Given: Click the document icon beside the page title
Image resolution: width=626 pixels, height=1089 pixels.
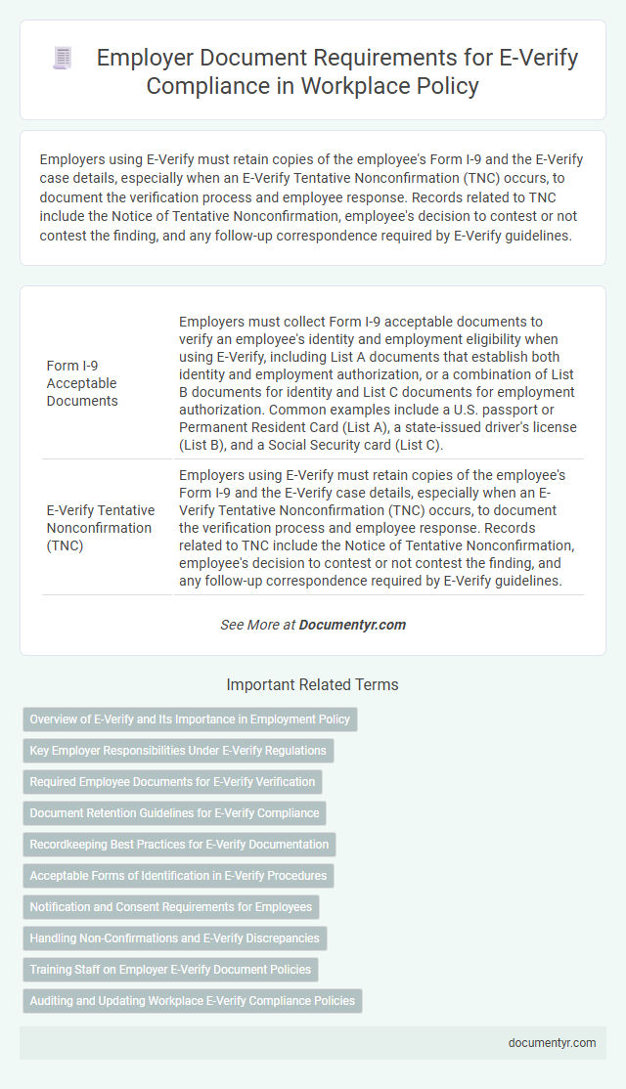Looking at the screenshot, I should [x=62, y=59].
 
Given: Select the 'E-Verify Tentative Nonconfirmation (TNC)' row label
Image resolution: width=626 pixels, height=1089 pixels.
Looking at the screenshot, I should [x=101, y=528].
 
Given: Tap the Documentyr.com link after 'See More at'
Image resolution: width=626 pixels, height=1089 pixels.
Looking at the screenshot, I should [x=352, y=624].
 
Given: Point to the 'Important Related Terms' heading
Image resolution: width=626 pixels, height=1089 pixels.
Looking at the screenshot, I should [x=312, y=685].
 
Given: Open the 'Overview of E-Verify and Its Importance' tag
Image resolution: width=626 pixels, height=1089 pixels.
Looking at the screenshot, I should [x=190, y=719].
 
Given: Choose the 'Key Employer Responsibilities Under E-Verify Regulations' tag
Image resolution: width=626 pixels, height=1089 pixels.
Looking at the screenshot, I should [x=178, y=751].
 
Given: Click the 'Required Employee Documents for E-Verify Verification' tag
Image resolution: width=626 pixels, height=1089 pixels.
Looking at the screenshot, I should [x=172, y=782].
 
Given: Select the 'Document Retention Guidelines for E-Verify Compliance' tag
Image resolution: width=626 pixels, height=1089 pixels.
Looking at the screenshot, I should [x=174, y=813].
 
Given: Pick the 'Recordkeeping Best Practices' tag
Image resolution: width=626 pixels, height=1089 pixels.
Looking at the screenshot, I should [x=179, y=845].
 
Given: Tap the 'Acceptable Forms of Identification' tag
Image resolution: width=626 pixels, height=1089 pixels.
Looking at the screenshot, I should [x=178, y=876].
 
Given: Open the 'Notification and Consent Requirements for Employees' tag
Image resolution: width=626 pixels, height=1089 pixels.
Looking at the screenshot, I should [x=171, y=907].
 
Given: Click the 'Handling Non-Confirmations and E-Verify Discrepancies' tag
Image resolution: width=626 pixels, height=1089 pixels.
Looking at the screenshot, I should [x=175, y=938].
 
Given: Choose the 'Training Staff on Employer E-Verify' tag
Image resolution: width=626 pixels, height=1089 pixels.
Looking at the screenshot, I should [x=170, y=970].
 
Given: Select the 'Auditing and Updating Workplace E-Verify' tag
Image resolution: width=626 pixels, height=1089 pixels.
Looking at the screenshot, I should [x=192, y=1001].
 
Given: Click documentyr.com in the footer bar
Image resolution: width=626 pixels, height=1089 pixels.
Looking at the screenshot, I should [x=552, y=1043].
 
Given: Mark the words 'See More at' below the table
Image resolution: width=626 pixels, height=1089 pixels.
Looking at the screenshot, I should [x=257, y=624].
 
